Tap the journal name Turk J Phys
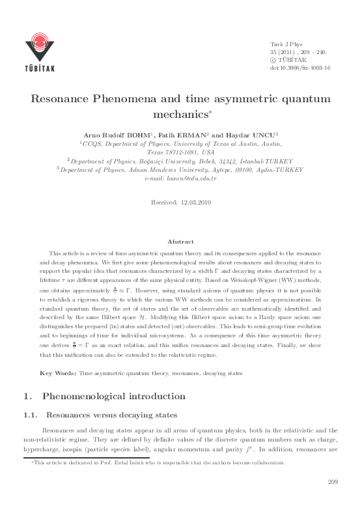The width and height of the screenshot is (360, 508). [x=286, y=42]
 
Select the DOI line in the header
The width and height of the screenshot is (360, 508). [x=300, y=67]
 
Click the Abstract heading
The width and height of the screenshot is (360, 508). [x=180, y=241]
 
